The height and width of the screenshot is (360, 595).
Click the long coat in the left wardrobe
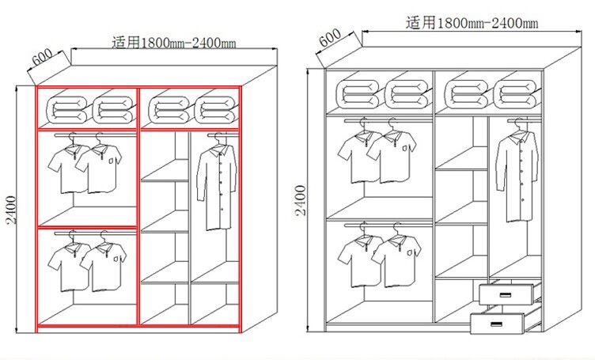coord(214,186)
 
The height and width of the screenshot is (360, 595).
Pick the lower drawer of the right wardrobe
coord(498,323)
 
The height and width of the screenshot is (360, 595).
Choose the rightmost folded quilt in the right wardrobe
coord(515,93)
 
